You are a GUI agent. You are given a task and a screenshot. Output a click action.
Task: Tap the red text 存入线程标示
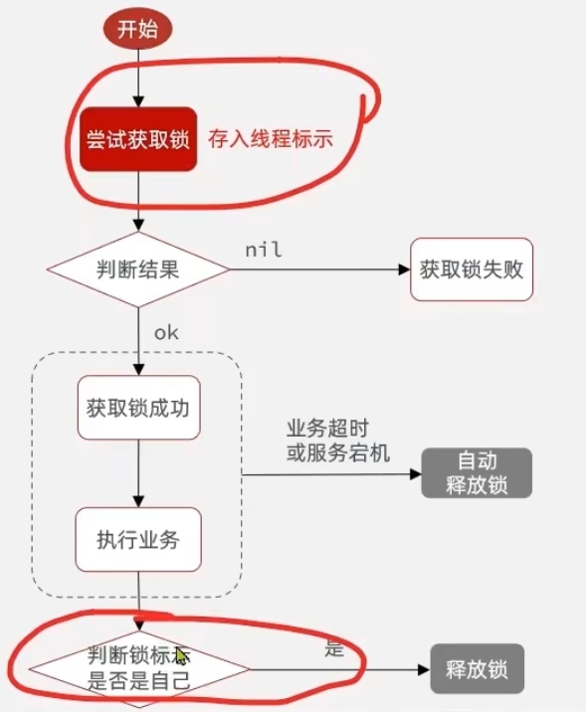(269, 139)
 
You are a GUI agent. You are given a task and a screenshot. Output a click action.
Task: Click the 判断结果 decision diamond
(138, 268)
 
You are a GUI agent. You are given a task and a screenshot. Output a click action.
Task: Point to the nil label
(263, 250)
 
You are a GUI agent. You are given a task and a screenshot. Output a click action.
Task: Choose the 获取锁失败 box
(471, 268)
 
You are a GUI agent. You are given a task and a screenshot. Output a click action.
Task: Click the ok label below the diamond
(165, 332)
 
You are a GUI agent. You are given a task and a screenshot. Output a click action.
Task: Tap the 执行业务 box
(138, 540)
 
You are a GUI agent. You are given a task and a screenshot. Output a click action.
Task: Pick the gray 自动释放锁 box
(477, 473)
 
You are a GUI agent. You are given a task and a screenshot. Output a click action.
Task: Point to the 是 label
(334, 649)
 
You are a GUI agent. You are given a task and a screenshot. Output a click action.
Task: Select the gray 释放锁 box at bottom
(476, 668)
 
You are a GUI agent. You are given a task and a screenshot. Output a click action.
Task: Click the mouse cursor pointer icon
(182, 656)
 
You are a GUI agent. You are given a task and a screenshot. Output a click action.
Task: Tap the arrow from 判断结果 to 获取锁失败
(318, 269)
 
